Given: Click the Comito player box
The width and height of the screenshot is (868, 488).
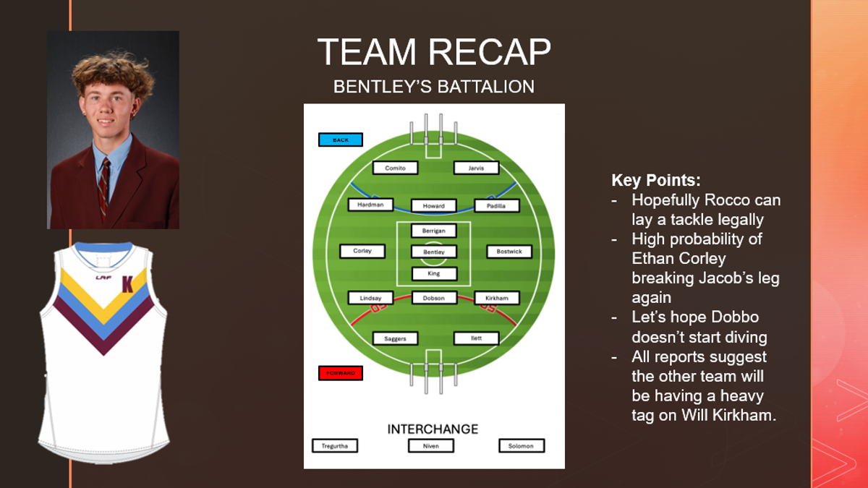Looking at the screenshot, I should pyautogui.click(x=396, y=168).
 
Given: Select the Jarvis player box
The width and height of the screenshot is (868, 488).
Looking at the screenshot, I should pyautogui.click(x=477, y=168).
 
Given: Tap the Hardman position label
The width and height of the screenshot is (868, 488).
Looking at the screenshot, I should pyautogui.click(x=370, y=205).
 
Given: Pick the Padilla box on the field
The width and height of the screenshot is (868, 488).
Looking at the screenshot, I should pyautogui.click(x=497, y=205).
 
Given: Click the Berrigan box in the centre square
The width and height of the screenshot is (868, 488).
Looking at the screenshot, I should pyautogui.click(x=434, y=231).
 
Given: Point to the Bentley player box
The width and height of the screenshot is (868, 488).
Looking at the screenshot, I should pyautogui.click(x=434, y=252).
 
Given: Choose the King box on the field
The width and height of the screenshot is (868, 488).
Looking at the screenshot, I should pyautogui.click(x=434, y=273).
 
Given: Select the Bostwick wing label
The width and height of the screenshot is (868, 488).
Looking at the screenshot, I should pyautogui.click(x=509, y=252).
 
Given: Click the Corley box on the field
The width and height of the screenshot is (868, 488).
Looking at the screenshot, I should pyautogui.click(x=362, y=251).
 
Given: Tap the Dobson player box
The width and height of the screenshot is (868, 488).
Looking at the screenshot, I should pyautogui.click(x=434, y=297).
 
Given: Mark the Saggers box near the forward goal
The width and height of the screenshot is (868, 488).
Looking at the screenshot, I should pyautogui.click(x=396, y=338).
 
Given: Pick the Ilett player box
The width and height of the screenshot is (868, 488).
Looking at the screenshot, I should pyautogui.click(x=477, y=338).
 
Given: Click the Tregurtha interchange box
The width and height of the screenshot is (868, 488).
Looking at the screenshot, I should pyautogui.click(x=335, y=445).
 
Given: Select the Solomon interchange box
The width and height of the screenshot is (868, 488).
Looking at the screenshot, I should pyautogui.click(x=521, y=445).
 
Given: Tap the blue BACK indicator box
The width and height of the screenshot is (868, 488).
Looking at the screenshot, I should pyautogui.click(x=341, y=140).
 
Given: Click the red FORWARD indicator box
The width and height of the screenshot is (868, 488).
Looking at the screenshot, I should pyautogui.click(x=341, y=373).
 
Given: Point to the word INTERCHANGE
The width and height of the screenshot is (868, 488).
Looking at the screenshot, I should pyautogui.click(x=433, y=429).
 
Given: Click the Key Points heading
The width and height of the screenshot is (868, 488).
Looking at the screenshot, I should pyautogui.click(x=656, y=181).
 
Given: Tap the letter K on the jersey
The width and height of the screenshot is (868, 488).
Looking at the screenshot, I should pyautogui.click(x=127, y=284).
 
